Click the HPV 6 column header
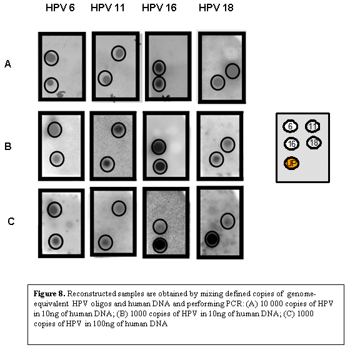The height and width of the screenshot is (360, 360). tap(60, 7)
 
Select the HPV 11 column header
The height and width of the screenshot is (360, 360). tap(107, 7)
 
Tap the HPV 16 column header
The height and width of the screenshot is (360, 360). tap(159, 7)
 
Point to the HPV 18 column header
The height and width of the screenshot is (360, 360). tap(216, 7)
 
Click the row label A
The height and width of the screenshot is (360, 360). tap(7, 64)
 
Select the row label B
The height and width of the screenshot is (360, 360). tap(7, 146)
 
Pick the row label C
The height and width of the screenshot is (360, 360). tap(11, 221)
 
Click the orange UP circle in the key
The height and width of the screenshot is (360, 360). tap(291, 163)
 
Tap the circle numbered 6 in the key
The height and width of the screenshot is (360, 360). tap(290, 126)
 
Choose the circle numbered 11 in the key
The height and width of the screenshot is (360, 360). tap(312, 126)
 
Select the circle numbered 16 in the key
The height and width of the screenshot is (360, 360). tap(291, 144)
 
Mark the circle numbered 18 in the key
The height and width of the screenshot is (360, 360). tap(314, 142)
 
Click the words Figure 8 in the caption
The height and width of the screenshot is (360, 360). tap(49, 294)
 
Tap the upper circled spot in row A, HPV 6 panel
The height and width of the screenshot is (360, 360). tap(51, 58)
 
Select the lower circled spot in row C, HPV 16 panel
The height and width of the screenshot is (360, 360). tap(160, 245)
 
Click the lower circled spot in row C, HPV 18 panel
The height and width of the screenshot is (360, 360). tap(212, 239)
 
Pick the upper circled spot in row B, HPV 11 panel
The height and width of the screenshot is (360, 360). tap(119, 130)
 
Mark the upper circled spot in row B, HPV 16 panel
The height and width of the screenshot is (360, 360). tap(159, 147)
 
